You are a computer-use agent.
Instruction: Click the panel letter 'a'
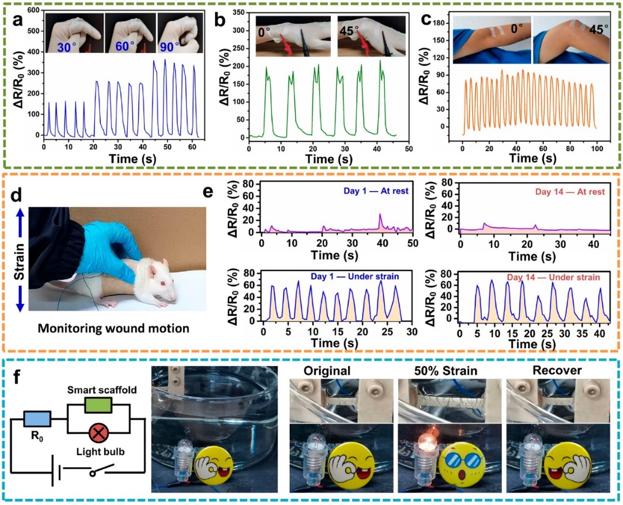click(x=18, y=21)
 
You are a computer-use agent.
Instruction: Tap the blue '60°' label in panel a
click(x=125, y=47)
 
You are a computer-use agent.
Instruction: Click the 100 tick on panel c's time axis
click(x=597, y=148)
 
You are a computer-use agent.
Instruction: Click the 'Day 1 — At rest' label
click(x=376, y=192)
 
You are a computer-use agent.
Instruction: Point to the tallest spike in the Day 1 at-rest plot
click(x=380, y=214)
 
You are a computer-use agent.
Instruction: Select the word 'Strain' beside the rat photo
click(x=19, y=261)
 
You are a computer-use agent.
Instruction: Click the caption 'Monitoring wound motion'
click(x=113, y=328)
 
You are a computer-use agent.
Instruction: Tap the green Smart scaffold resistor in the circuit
click(x=98, y=405)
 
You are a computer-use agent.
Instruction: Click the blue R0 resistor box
click(x=37, y=419)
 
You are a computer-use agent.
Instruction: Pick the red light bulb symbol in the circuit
click(x=98, y=433)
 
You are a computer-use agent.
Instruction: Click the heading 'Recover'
click(x=557, y=371)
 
